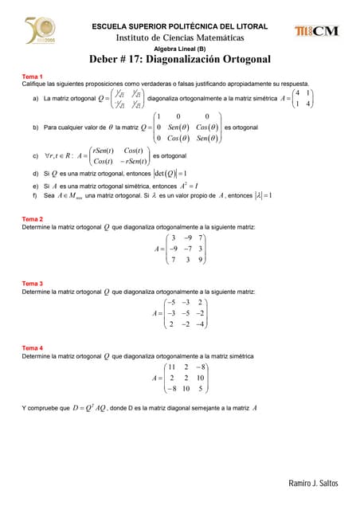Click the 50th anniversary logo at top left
(x=35, y=32)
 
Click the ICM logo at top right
(x=316, y=31)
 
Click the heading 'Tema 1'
(x=32, y=76)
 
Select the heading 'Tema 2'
(x=32, y=218)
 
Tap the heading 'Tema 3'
(x=32, y=284)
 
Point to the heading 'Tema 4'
(x=32, y=348)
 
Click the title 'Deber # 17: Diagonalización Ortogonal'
(x=180, y=59)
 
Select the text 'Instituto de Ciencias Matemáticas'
(x=180, y=37)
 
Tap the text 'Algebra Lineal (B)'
(x=180, y=48)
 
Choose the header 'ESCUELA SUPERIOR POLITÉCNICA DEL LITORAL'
(x=180, y=26)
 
